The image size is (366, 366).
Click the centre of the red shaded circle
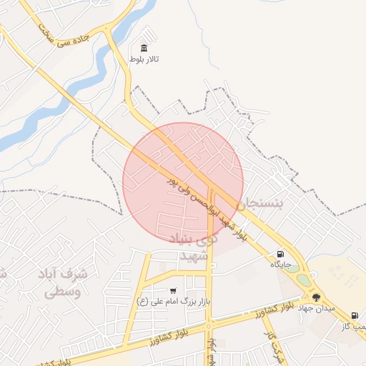coord(184,183)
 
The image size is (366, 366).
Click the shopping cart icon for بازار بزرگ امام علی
coord(174,291)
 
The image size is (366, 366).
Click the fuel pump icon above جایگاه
coord(280,253)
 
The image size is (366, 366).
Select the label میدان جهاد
coord(317,308)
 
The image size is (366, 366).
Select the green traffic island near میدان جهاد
coord(303,280)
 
